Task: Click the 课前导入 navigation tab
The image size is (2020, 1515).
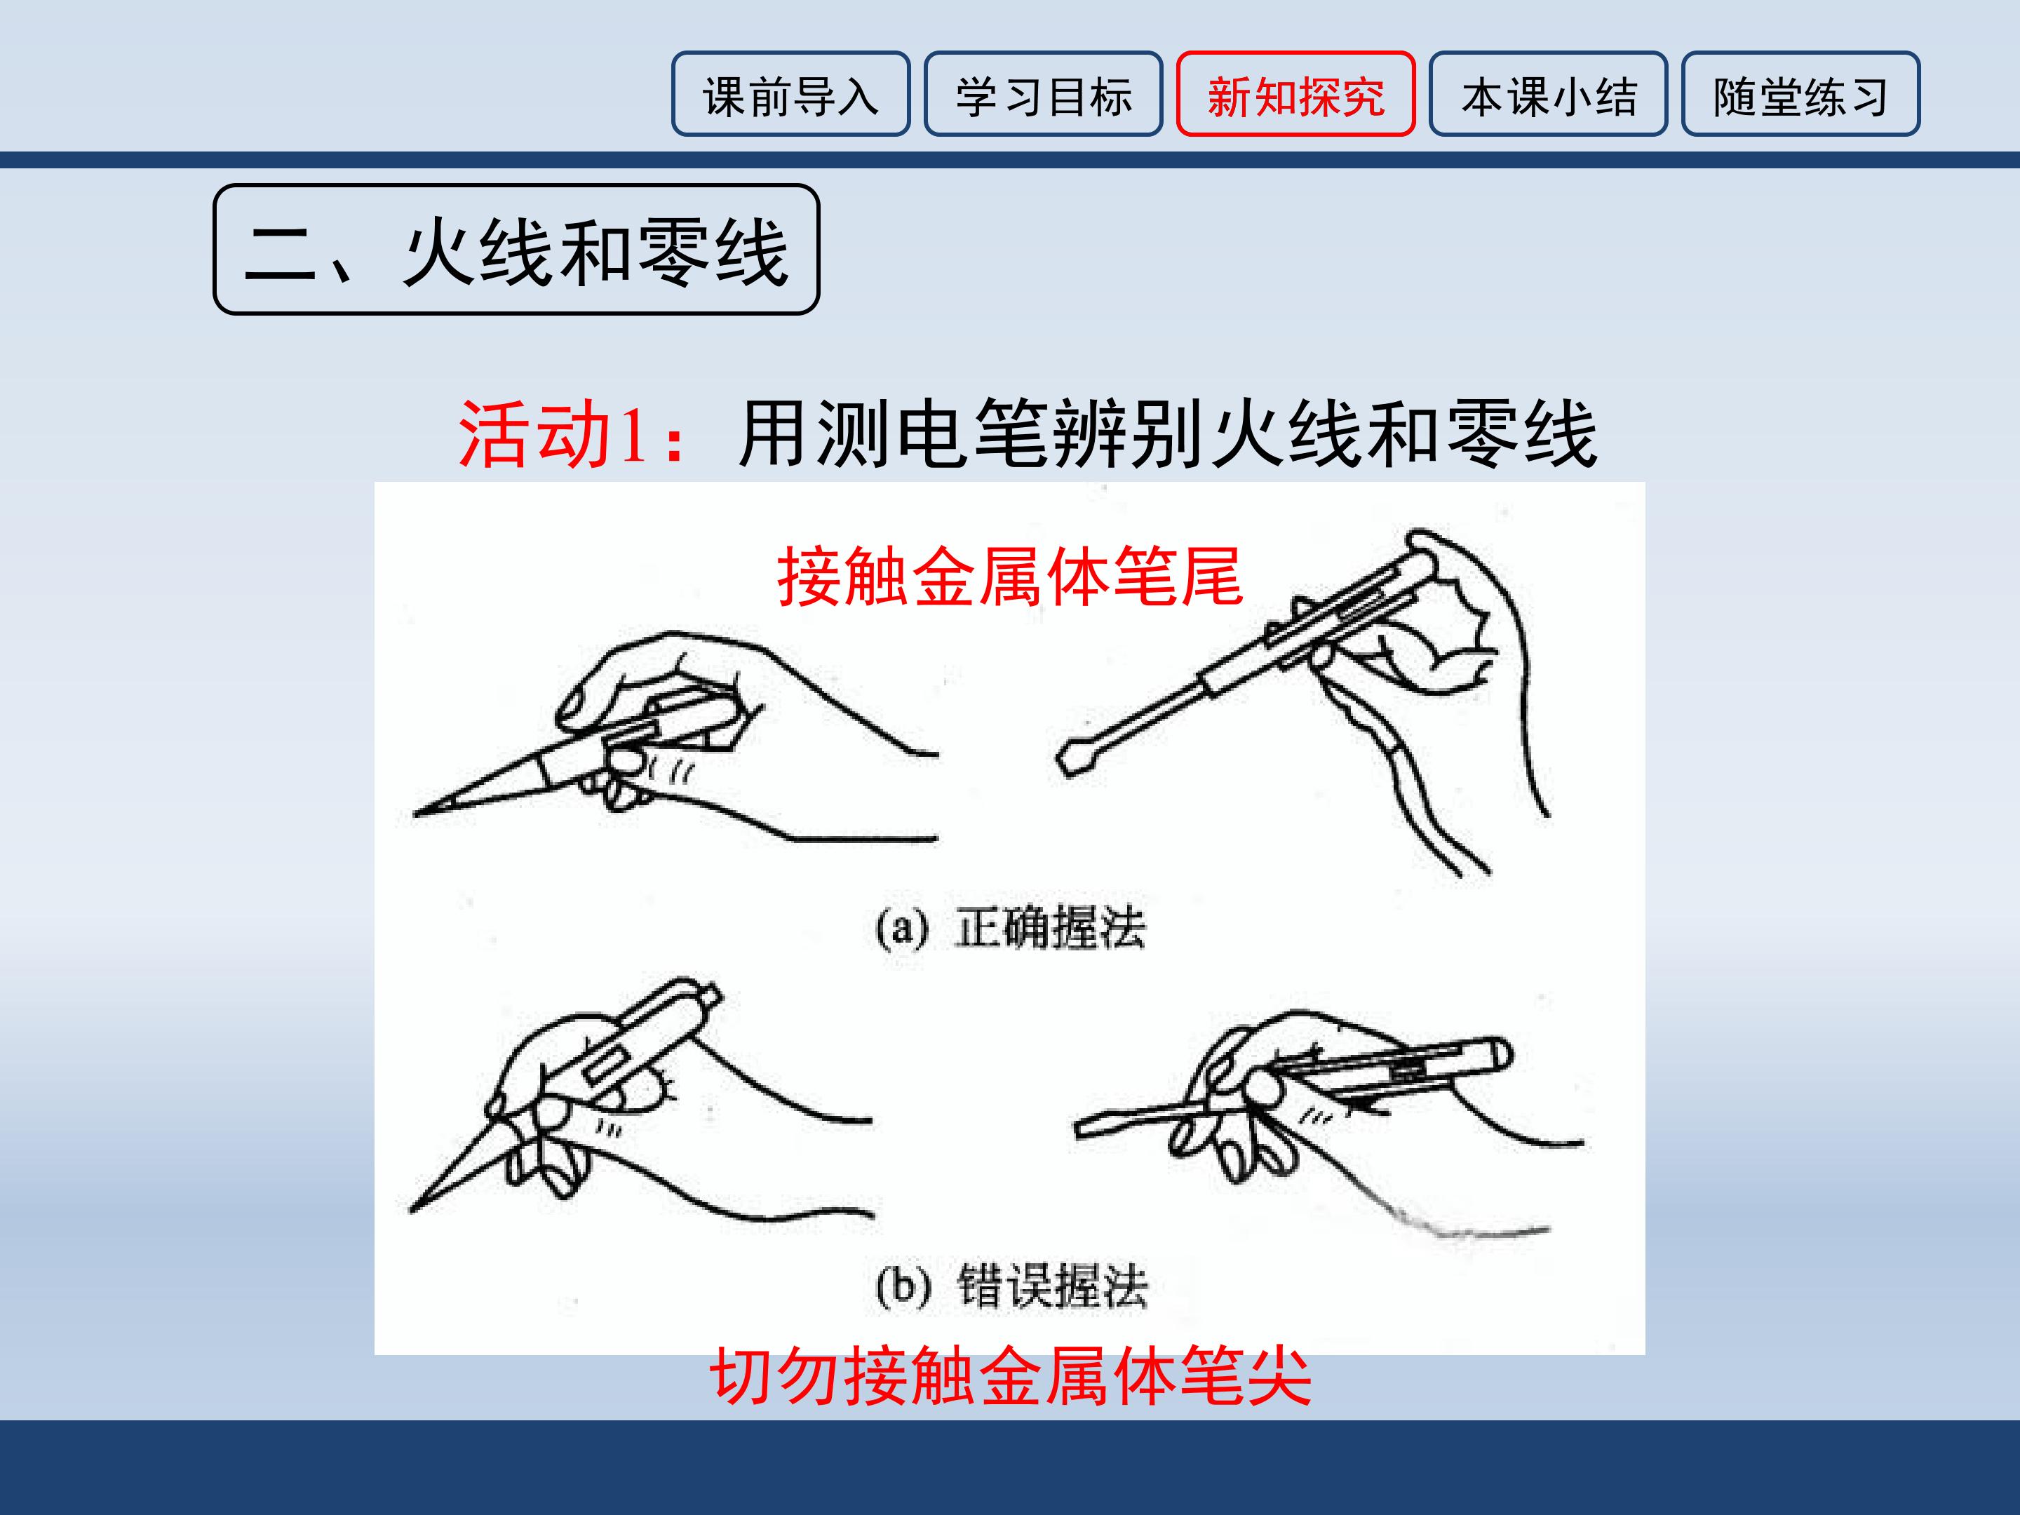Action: click(x=791, y=94)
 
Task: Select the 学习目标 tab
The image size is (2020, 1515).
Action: click(x=1043, y=94)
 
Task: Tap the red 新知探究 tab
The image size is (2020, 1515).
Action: click(x=1296, y=94)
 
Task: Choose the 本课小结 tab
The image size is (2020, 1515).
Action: click(x=1549, y=94)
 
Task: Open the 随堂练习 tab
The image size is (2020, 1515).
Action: click(x=1801, y=94)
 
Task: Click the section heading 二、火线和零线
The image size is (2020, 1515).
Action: click(x=516, y=250)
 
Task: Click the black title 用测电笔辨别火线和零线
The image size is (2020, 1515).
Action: click(x=1168, y=435)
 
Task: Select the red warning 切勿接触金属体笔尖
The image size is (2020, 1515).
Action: click(x=1011, y=1375)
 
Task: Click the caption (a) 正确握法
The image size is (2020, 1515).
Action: click(x=1010, y=929)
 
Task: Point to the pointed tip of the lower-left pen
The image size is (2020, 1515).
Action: click(x=412, y=1211)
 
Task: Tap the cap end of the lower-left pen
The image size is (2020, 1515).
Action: click(x=706, y=996)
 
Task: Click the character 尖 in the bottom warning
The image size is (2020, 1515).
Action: click(x=1279, y=1375)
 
